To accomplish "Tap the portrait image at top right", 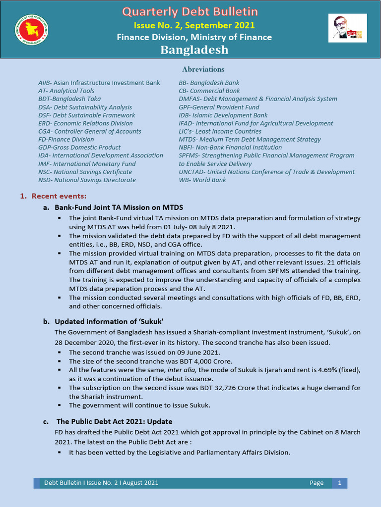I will [347, 28].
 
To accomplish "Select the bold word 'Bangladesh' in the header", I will [194, 50].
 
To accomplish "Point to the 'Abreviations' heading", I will [203, 69].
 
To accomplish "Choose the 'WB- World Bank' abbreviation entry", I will [202, 180].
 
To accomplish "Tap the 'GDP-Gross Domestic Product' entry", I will [79, 148].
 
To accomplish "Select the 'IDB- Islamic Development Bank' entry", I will [223, 115].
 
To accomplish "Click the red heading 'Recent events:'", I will [59, 197].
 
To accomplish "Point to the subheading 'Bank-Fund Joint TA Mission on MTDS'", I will [119, 207].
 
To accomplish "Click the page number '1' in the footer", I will [339, 483].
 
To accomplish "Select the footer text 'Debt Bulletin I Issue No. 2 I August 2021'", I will [101, 483].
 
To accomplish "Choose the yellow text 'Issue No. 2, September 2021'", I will [194, 25].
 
